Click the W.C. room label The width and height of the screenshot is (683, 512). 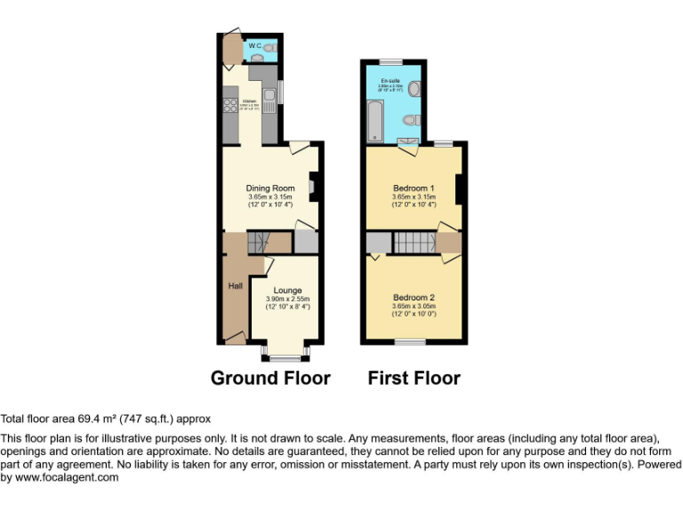pyautogui.click(x=254, y=45)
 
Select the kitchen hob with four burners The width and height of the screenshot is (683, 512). pyautogui.click(x=228, y=103)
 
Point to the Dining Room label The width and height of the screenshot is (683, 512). pyautogui.click(x=270, y=188)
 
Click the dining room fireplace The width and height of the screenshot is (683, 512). pyautogui.click(x=311, y=187)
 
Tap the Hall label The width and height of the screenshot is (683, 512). pyautogui.click(x=236, y=286)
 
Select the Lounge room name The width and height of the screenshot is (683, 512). pyautogui.click(x=287, y=291)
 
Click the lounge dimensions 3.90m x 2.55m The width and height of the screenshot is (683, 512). pyautogui.click(x=287, y=299)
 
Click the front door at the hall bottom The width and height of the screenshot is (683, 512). pyautogui.click(x=234, y=336)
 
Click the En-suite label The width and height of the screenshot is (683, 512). pyautogui.click(x=391, y=81)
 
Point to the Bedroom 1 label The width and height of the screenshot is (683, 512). pyautogui.click(x=414, y=188)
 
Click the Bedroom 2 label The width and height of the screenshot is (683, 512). pyautogui.click(x=414, y=297)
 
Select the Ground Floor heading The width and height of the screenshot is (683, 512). pyautogui.click(x=270, y=378)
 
